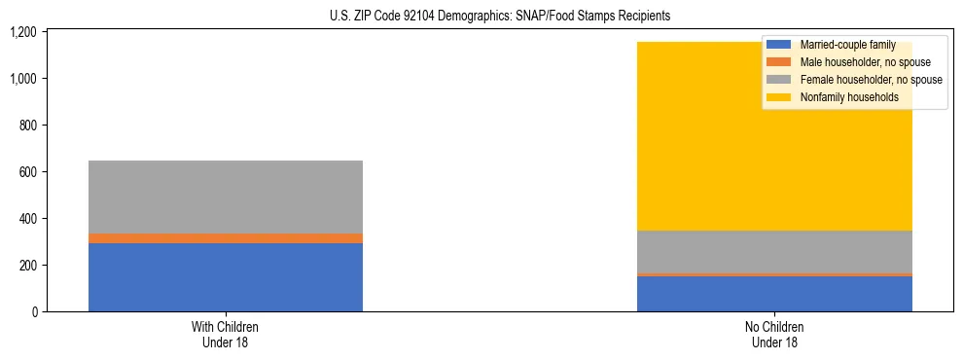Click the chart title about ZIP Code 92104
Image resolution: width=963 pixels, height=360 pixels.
tap(481, 17)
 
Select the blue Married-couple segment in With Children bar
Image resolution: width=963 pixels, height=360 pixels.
tap(226, 277)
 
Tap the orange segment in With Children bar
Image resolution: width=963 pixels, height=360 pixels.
tap(226, 238)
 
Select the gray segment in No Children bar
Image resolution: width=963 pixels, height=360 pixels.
tap(774, 252)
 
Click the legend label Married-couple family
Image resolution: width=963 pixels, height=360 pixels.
tap(847, 45)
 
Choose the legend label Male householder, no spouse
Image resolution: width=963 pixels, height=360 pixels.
tap(865, 62)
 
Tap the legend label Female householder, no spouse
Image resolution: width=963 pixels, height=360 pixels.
tap(871, 80)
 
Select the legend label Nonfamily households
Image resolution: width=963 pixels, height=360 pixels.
tap(849, 97)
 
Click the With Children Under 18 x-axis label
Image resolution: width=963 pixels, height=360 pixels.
tap(226, 334)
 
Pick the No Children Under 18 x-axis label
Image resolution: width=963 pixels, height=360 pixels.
tap(774, 334)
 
